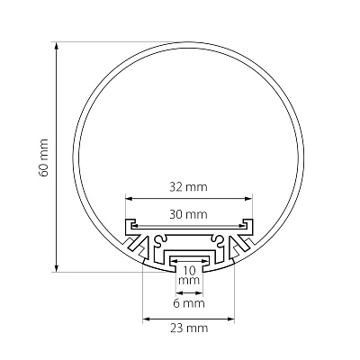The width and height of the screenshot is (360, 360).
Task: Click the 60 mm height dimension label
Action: pos(44,157)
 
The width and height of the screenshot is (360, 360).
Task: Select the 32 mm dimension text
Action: pos(188,187)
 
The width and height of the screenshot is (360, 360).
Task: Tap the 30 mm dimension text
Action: pos(188,214)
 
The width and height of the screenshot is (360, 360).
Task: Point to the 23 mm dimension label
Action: pos(189,328)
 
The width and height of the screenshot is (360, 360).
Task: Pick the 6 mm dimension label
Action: pos(189,303)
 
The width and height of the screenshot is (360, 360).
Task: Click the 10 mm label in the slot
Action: pos(189,275)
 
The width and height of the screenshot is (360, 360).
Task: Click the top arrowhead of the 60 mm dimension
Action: pos(56,46)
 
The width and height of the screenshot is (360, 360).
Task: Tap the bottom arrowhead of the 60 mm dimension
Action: pos(56,268)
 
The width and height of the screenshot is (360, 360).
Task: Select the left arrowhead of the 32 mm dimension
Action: pos(129,198)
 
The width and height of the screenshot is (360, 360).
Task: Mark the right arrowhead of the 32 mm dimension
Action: pos(248,198)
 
